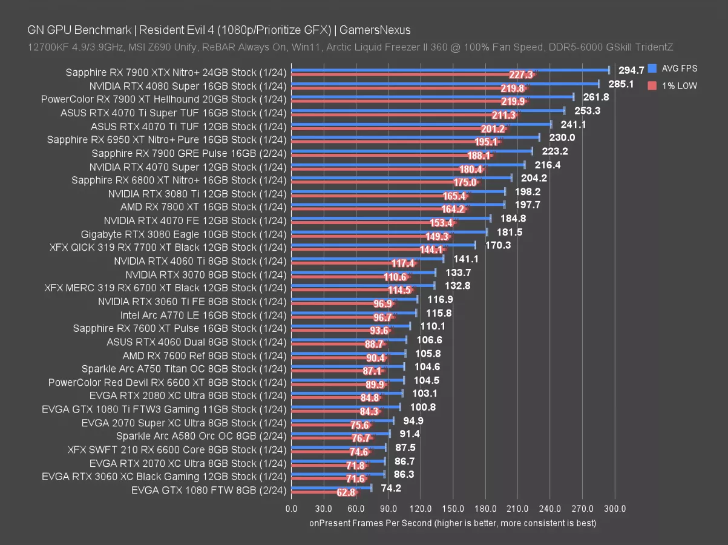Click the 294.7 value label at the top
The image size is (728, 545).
[x=631, y=70]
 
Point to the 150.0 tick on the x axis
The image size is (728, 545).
[x=453, y=509]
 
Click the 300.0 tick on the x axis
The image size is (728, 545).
[x=615, y=509]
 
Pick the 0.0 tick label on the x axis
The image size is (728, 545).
[x=291, y=509]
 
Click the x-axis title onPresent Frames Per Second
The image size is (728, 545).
[x=453, y=523]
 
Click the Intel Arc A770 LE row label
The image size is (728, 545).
[x=203, y=315]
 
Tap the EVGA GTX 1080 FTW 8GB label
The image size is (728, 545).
[x=209, y=490]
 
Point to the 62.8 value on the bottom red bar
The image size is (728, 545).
[x=346, y=493]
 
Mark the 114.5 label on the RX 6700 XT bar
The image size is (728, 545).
[x=399, y=290]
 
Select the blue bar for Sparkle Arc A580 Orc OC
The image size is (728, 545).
[x=340, y=433]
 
